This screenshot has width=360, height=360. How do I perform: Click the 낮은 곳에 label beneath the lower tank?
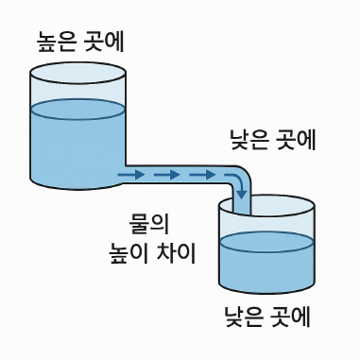tap(267, 315)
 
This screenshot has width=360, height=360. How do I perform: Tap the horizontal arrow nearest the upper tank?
tap(132, 174)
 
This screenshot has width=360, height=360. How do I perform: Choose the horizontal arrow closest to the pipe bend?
tap(201, 174)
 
